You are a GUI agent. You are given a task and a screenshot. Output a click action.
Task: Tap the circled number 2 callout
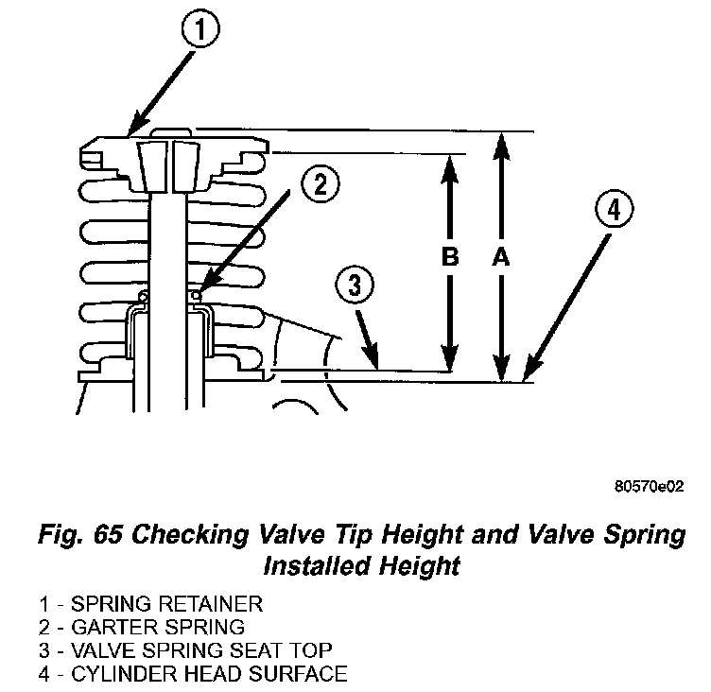pyautogui.click(x=320, y=185)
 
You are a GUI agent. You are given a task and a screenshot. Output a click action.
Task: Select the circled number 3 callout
pyautogui.click(x=352, y=285)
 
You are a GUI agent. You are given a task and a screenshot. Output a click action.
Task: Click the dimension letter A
pyautogui.click(x=501, y=257)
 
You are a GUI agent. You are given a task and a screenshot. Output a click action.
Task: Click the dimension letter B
pyautogui.click(x=450, y=257)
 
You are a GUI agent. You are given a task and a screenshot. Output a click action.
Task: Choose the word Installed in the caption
pyautogui.click(x=318, y=566)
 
